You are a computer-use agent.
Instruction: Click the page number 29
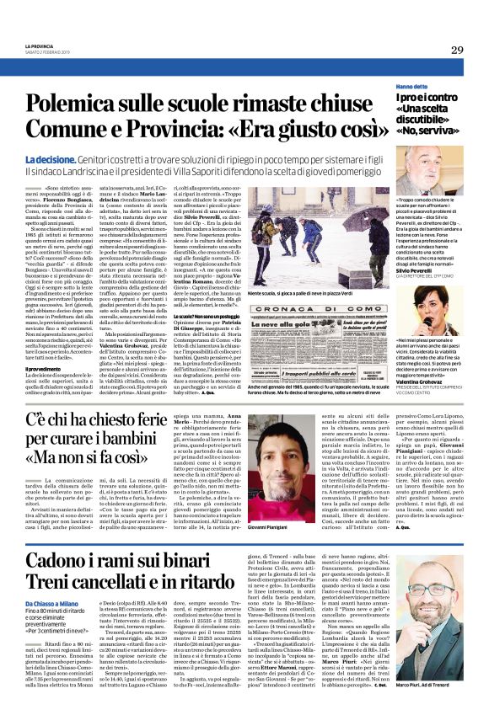(457, 50)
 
